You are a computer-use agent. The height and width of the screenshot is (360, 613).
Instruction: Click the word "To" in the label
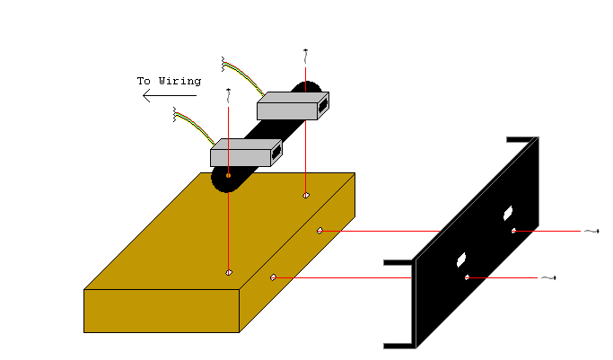(x=144, y=81)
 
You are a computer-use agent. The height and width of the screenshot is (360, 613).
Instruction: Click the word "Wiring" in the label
(x=180, y=81)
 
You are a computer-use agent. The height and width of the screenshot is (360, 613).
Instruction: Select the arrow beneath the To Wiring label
(x=170, y=97)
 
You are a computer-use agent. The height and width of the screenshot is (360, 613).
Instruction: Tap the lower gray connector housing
(x=240, y=157)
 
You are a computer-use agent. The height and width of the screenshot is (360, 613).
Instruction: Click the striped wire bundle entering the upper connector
(x=242, y=75)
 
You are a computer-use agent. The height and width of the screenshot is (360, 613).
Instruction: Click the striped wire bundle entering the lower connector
(x=193, y=124)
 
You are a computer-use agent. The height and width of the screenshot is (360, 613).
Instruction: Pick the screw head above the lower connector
(x=229, y=91)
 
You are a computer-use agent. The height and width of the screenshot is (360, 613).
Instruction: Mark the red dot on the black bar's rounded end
(x=228, y=176)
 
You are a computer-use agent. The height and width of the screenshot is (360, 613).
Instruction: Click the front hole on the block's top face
(x=229, y=272)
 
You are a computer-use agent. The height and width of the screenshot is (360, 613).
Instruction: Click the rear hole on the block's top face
(x=307, y=193)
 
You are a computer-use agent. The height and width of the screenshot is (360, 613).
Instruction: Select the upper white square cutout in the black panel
(x=507, y=214)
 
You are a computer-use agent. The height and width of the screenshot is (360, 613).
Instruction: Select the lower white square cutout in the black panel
(x=461, y=259)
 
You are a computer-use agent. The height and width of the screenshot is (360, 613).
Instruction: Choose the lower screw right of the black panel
(x=555, y=278)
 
